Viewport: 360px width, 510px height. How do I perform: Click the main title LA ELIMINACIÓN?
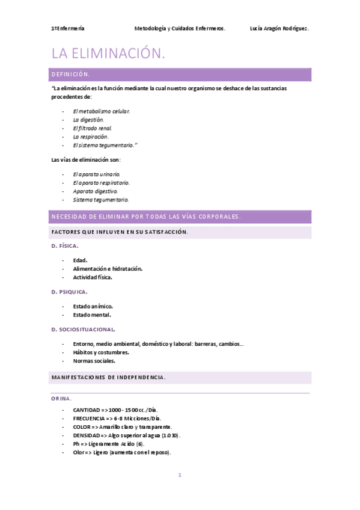108,54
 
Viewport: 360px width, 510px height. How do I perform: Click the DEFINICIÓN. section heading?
71,75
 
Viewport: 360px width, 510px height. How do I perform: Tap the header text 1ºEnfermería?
68,28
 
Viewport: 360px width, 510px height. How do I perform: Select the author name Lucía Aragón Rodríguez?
278,28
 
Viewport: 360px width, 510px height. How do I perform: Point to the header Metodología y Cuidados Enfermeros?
180,28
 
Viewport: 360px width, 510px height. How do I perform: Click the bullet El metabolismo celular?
101,111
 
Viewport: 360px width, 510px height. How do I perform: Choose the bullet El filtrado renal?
93,128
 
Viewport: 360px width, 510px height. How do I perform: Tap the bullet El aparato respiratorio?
101,182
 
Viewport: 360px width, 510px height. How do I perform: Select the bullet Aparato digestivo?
95,191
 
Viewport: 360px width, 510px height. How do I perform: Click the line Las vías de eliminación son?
86,159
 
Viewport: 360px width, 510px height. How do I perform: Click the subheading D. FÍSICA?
65,246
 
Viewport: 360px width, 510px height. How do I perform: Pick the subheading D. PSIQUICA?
70,292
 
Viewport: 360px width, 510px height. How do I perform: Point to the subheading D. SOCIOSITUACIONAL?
84,330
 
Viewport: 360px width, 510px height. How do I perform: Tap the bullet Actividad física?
93,277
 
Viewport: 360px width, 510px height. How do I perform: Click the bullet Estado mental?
92,315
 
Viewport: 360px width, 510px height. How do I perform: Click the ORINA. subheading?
62,399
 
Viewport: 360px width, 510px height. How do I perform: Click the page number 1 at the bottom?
179,475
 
